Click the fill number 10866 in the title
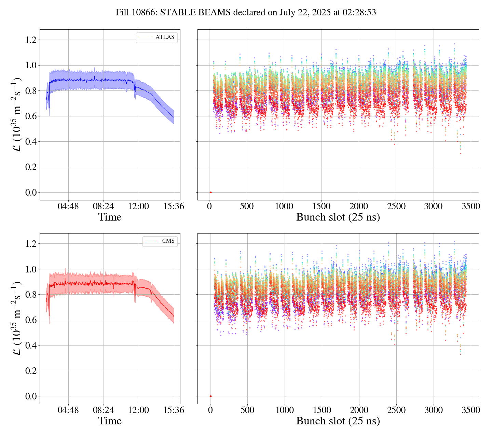click(140, 13)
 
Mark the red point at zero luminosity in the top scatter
click(210, 193)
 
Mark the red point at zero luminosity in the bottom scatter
click(210, 396)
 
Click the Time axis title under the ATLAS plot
click(110, 217)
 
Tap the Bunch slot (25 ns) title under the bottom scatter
click(338, 421)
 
